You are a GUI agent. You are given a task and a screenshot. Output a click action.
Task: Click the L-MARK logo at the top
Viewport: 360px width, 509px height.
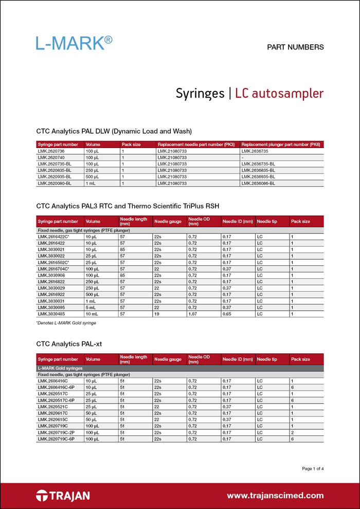74,43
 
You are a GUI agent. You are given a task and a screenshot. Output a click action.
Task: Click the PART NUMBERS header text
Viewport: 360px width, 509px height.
295,47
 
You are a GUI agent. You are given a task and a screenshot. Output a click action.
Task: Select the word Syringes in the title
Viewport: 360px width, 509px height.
200,94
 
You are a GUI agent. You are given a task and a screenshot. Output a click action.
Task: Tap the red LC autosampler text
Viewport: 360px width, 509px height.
279,94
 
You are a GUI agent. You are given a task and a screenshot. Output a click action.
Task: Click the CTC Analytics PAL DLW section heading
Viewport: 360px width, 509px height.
114,131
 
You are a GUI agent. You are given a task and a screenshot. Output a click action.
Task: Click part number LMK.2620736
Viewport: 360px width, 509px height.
51,152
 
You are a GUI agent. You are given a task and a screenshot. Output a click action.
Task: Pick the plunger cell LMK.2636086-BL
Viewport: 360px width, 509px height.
258,183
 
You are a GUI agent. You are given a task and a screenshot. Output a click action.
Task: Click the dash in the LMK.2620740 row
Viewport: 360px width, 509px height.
242,158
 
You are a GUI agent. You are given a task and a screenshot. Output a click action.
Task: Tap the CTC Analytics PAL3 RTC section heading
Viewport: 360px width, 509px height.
128,206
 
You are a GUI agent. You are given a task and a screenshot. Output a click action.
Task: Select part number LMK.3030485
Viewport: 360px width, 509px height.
51,314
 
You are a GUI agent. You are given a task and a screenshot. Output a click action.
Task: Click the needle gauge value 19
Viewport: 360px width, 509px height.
157,314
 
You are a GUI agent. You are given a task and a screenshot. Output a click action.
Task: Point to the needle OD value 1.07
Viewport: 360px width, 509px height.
193,314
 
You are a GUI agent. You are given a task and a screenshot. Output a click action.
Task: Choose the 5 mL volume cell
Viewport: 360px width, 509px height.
91,307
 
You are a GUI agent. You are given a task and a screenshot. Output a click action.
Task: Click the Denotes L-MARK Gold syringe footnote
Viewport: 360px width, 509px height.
66,323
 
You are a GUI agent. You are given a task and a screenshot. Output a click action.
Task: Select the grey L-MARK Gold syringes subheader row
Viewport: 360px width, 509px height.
180,368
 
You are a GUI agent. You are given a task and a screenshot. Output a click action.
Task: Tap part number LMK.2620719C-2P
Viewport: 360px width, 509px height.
56,433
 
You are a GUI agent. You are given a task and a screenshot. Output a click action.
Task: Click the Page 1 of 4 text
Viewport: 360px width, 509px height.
313,468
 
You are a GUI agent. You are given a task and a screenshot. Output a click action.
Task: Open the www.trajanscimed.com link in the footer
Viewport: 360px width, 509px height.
275,496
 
